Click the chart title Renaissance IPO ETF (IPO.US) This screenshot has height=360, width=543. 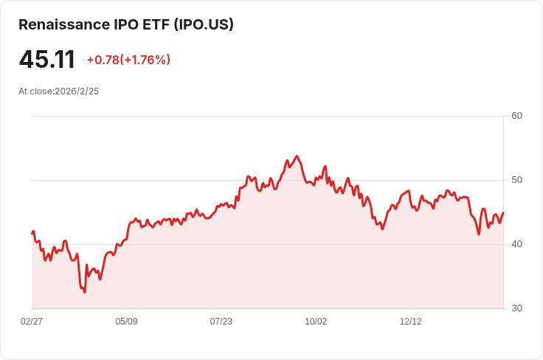point(126,24)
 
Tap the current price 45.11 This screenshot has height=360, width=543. point(46,59)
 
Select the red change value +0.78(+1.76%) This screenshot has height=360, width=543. point(128,60)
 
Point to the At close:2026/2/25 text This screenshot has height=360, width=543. point(58,91)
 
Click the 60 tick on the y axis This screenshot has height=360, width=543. point(516,116)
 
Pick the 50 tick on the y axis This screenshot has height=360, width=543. point(516,180)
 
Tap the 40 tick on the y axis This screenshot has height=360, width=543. point(516,244)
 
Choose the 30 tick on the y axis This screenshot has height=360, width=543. point(516,308)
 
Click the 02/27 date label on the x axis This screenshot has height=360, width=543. point(32,322)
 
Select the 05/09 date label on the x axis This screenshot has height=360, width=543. point(126,322)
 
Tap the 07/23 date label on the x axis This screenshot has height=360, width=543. point(221,322)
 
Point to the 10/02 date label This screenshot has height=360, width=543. point(316,322)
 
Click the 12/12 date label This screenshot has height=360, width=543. point(411,322)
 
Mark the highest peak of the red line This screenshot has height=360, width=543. point(297,156)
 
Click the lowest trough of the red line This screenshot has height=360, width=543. point(85,292)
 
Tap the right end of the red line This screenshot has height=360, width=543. point(503,212)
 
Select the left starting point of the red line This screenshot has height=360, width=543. point(32,233)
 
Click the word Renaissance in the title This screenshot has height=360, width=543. point(64,24)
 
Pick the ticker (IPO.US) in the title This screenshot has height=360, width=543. point(204,24)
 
